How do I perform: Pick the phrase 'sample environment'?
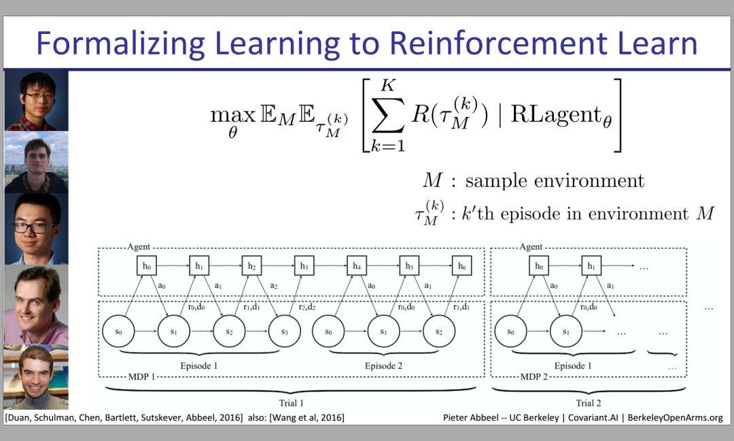click(555, 181)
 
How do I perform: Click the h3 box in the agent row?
click(304, 266)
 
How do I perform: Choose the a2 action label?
click(273, 285)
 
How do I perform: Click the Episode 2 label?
click(383, 366)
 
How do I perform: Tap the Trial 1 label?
click(291, 404)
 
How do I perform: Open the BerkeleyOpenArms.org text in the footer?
click(674, 417)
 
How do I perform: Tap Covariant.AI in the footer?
click(591, 417)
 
